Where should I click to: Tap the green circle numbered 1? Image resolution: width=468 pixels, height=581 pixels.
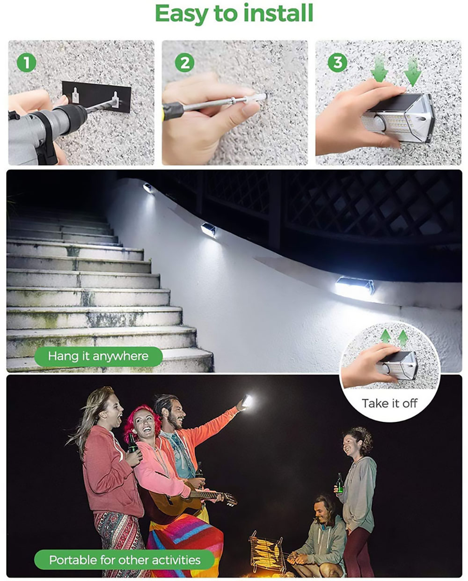pos(27,63)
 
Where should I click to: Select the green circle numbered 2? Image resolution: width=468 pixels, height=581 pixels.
pos(184,63)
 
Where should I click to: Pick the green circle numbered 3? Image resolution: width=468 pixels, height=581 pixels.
pos(337,62)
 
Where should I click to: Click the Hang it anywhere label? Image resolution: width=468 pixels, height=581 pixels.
pos(98,356)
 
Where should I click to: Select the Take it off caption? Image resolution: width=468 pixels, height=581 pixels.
pos(389,403)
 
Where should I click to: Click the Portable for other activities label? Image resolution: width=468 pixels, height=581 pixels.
pos(124,560)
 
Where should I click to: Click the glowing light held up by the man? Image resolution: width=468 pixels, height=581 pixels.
pos(246,401)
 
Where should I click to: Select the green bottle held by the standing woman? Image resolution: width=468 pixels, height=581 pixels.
pos(340,484)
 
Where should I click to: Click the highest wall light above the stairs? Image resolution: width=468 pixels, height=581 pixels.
pos(148,188)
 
